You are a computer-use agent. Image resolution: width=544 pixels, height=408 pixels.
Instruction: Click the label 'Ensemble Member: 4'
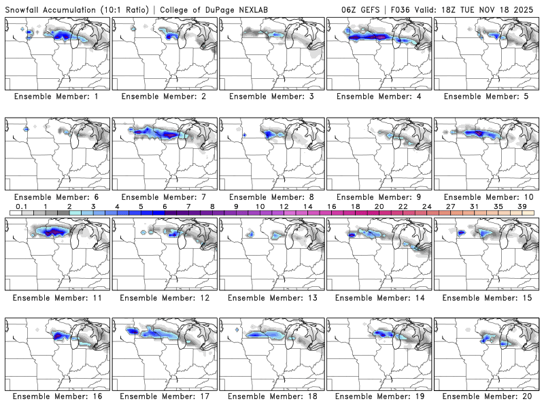(379, 96)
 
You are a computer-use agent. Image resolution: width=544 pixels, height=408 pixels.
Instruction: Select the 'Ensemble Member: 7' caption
(165, 197)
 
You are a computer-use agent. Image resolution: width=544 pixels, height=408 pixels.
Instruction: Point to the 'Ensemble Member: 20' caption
(487, 396)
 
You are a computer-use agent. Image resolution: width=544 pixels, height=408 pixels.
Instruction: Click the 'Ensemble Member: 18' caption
(272, 396)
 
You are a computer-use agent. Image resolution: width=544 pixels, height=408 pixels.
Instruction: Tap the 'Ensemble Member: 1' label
(58, 96)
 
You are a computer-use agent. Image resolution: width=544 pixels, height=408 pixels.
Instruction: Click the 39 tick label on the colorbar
(522, 206)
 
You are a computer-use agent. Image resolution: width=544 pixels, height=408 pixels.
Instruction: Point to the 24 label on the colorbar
(427, 206)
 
